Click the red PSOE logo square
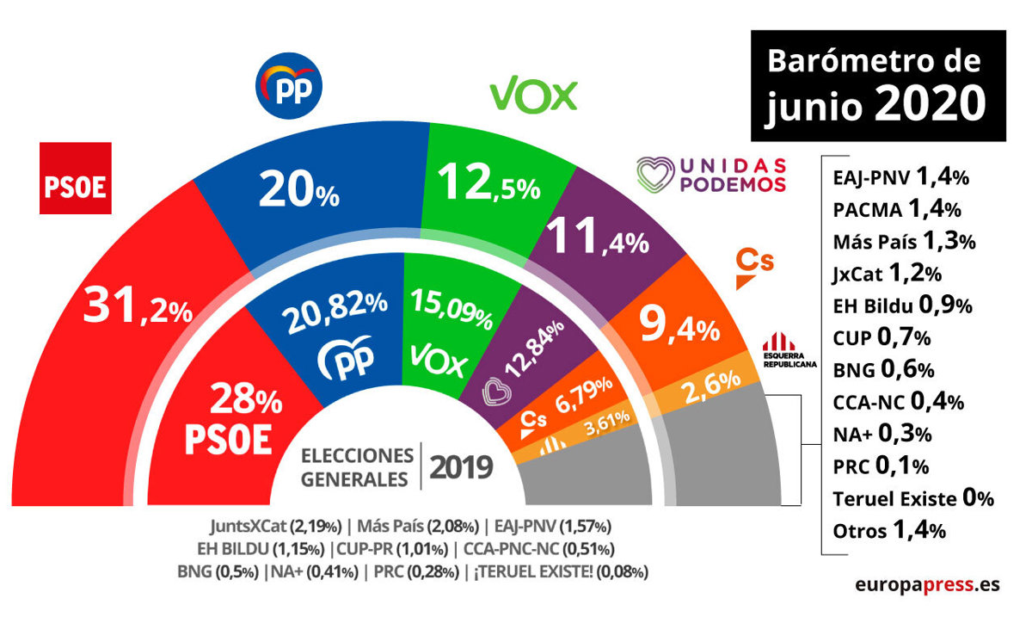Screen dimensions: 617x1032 [77, 178]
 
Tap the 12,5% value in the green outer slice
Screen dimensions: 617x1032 [487, 182]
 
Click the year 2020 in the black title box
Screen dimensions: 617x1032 [931, 104]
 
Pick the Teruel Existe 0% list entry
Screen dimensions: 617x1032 [913, 498]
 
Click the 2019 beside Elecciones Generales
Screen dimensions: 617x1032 [461, 467]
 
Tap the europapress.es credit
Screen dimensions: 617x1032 [927, 584]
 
